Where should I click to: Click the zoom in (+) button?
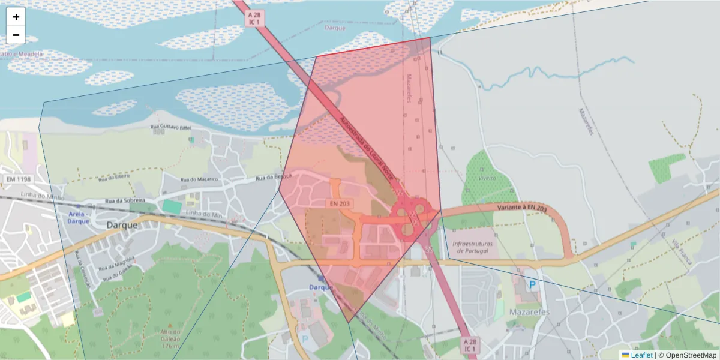[16, 17]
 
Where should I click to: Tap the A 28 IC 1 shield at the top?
[254, 18]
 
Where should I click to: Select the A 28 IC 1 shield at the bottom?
[470, 344]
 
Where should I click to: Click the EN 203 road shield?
[340, 204]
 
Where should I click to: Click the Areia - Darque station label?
[78, 217]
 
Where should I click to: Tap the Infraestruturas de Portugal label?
[473, 248]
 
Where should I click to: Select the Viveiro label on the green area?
[487, 178]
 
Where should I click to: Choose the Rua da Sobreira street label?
[125, 200]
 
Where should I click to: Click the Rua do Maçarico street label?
[200, 179]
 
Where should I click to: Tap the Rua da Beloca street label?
[274, 177]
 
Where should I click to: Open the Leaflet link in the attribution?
[641, 355]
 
